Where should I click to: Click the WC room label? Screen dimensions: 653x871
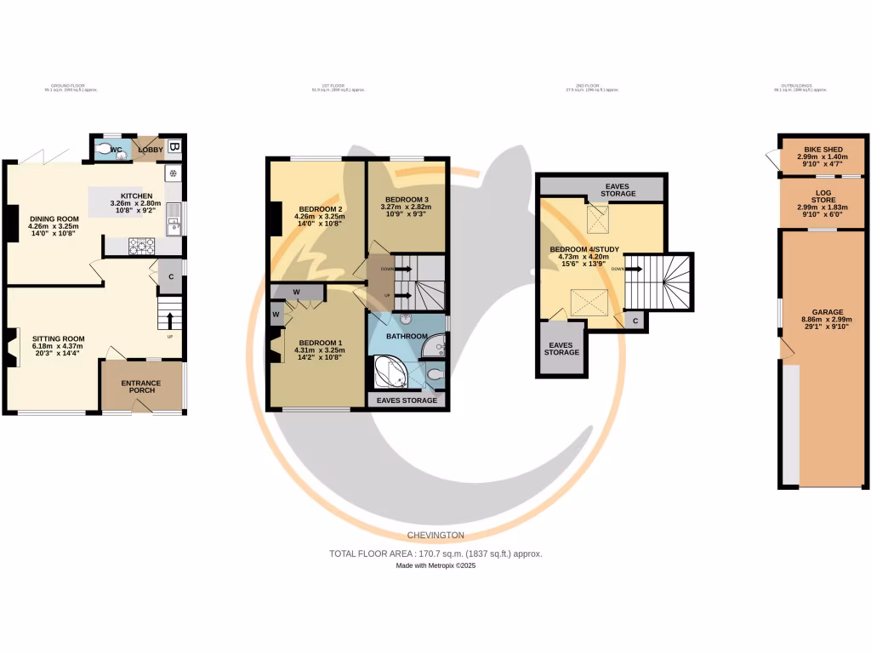117,150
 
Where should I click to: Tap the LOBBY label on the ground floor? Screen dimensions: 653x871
151,150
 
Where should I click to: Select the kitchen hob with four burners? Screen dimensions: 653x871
141,246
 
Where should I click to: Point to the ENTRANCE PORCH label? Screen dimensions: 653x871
140,387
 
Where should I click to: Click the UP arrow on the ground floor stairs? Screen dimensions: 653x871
170,321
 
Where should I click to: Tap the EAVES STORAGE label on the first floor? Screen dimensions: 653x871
407,400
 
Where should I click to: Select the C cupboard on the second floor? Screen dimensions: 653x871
635,320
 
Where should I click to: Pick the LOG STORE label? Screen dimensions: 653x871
823,197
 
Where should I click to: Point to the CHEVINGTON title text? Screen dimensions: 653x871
435,535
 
